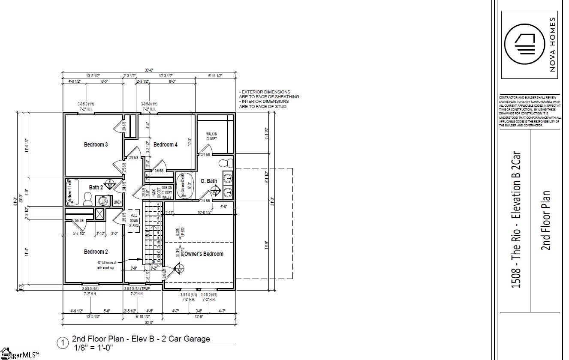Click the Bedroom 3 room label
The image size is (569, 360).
96,144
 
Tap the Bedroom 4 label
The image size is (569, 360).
165,144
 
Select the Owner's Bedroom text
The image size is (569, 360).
204,254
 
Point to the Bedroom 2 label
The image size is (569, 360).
96,252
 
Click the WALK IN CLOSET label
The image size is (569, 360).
211,136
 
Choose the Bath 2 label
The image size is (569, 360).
96,187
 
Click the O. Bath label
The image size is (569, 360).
209,181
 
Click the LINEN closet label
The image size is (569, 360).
117,202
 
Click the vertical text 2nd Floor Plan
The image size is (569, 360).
546,221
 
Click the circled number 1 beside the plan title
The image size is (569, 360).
63,342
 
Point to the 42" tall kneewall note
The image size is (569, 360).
106,265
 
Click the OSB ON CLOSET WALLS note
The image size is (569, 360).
167,193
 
